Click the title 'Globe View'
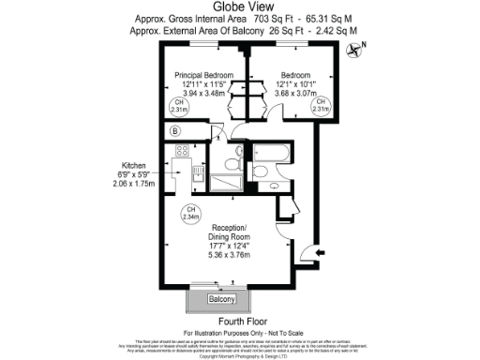click(239, 7)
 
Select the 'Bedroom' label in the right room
click(295, 74)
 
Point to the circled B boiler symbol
click(175, 131)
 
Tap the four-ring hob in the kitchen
click(182, 150)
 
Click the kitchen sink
click(184, 172)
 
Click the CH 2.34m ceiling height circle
click(191, 213)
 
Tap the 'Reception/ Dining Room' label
click(229, 232)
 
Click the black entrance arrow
click(322, 252)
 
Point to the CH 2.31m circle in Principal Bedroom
click(178, 106)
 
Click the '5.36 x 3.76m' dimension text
click(229, 254)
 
